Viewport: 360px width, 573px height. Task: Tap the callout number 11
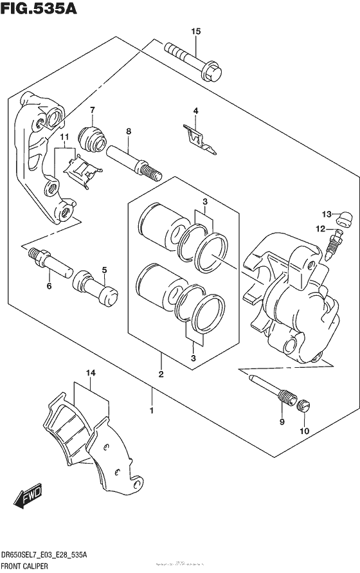(x=64, y=137)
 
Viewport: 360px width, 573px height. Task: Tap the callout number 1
(x=152, y=410)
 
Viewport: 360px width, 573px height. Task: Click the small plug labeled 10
(x=305, y=406)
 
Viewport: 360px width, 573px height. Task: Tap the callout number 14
(x=91, y=372)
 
